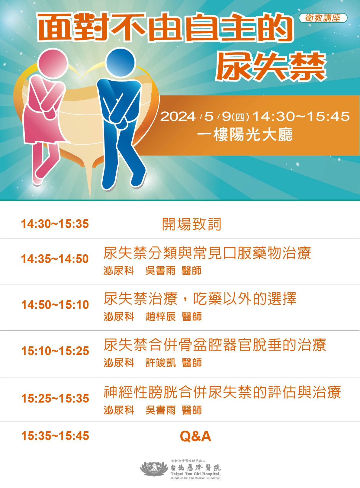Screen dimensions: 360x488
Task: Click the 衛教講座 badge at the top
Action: (x=323, y=18)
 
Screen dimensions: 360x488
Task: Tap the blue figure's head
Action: (x=121, y=62)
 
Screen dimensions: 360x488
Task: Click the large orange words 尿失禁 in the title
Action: (x=271, y=66)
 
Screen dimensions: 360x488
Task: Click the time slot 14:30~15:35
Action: (x=55, y=224)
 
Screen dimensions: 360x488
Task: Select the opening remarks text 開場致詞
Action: (x=192, y=224)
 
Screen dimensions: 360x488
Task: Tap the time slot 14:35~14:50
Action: (x=55, y=259)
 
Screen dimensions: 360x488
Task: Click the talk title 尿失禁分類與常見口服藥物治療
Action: (x=207, y=253)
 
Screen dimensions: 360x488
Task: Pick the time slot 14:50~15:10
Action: (x=55, y=305)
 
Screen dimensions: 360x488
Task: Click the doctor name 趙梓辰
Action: (x=161, y=316)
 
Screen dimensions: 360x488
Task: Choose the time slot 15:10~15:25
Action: (x=55, y=351)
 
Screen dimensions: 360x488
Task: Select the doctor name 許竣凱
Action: (x=161, y=363)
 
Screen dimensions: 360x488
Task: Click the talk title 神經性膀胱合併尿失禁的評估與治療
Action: (x=222, y=392)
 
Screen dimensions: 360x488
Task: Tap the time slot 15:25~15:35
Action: (x=55, y=398)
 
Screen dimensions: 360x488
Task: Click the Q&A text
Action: (x=195, y=436)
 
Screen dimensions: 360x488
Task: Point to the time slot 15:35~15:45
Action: (x=55, y=436)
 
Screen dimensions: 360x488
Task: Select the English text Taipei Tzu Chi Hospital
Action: (x=195, y=474)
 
